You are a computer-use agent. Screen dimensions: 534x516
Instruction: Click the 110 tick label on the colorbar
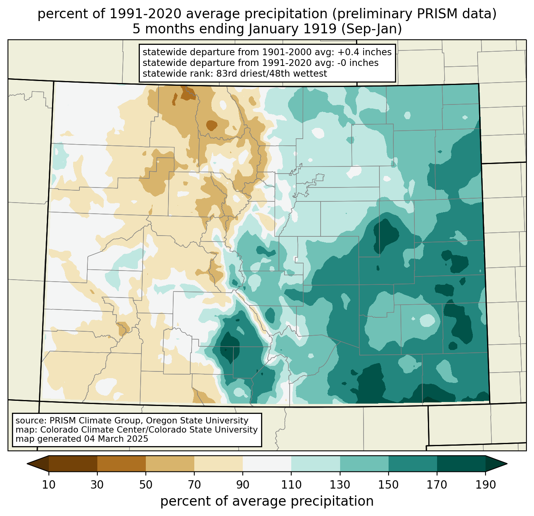pos(291,485)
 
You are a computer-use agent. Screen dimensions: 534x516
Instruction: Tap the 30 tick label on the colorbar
pos(97,485)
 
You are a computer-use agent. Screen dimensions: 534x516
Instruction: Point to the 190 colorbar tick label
pos(486,485)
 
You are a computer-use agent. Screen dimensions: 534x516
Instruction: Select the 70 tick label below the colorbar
pos(194,485)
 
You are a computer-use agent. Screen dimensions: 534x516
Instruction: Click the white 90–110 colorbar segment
pos(267,464)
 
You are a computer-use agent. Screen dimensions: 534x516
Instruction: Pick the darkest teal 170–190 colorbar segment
pos(461,464)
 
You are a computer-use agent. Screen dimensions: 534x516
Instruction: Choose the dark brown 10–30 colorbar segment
pos(73,464)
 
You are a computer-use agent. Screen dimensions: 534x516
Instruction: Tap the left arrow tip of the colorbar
pos(27,464)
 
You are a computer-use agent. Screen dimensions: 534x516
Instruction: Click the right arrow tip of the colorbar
pos(507,464)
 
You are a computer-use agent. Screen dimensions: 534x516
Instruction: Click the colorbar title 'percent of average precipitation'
pos(267,501)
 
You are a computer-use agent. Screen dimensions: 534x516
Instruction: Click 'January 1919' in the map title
pos(292,29)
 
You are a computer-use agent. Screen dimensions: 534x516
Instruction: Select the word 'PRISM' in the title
pos(433,14)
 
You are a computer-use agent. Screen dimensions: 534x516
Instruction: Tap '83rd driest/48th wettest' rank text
pos(272,73)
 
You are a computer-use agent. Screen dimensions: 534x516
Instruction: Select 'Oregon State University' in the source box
pos(197,421)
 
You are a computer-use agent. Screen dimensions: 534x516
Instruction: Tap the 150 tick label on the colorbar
pos(388,485)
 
